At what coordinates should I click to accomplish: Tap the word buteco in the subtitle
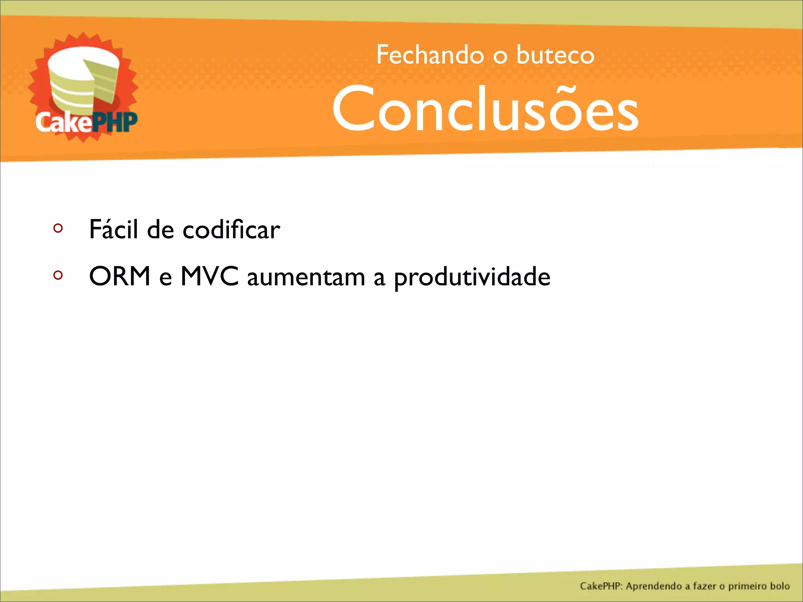(x=555, y=55)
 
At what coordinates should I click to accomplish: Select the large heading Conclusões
(x=485, y=109)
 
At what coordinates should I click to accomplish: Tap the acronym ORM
(x=120, y=277)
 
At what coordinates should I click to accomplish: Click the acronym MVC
(x=209, y=277)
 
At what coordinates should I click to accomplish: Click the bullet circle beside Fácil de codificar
(x=58, y=228)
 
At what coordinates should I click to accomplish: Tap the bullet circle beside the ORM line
(x=58, y=275)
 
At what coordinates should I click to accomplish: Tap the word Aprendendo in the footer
(x=654, y=586)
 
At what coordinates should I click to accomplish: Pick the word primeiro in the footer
(x=747, y=586)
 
